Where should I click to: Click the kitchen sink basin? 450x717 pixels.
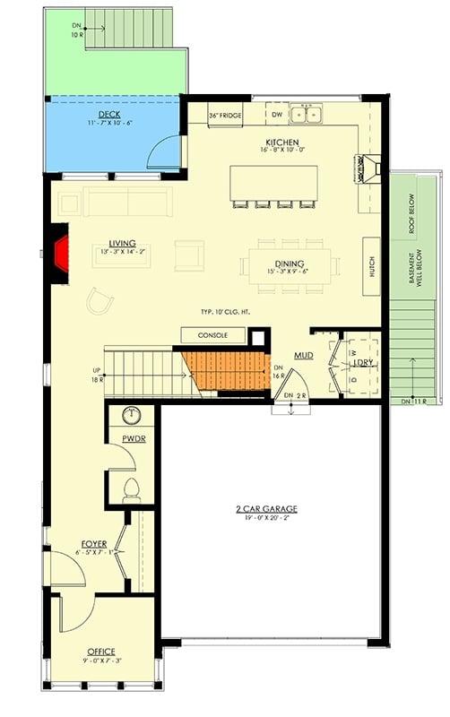pyautogui.click(x=310, y=114)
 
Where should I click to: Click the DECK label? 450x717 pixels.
pyautogui.click(x=109, y=115)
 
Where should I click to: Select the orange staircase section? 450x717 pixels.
pyautogui.click(x=228, y=370)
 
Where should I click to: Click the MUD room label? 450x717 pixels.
pyautogui.click(x=303, y=357)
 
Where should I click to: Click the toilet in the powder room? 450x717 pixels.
pyautogui.click(x=131, y=490)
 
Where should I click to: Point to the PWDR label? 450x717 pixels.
pyautogui.click(x=134, y=439)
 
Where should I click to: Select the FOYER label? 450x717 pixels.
pyautogui.click(x=94, y=544)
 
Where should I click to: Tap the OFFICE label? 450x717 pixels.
pyautogui.click(x=101, y=651)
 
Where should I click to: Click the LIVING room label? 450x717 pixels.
pyautogui.click(x=122, y=243)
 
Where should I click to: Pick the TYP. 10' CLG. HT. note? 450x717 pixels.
pyautogui.click(x=231, y=312)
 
